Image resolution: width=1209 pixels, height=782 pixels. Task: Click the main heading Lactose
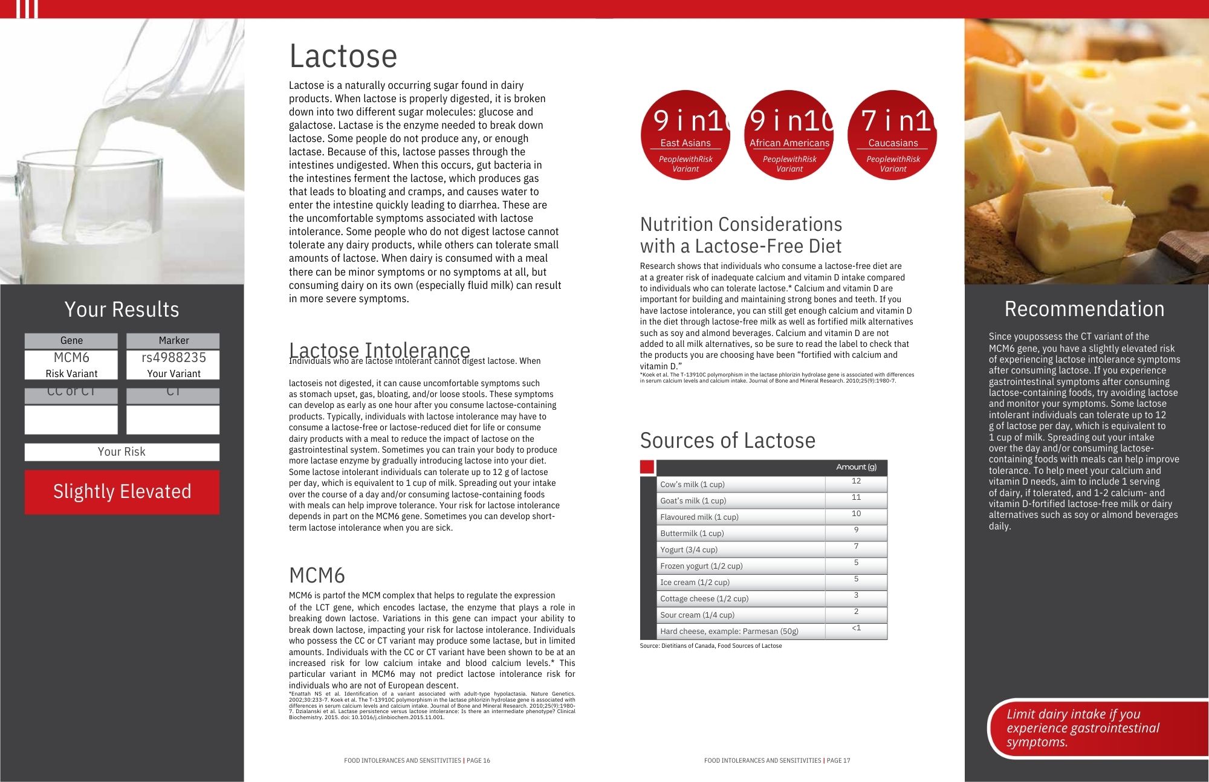click(x=343, y=56)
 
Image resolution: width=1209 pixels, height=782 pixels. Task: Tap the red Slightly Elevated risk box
click(x=122, y=492)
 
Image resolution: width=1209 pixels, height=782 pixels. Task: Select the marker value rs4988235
click(x=173, y=357)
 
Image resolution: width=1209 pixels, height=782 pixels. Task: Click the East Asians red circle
click(x=686, y=135)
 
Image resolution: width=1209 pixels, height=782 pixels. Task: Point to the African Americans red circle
click(x=789, y=135)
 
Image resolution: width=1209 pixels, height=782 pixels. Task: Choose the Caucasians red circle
click(x=893, y=135)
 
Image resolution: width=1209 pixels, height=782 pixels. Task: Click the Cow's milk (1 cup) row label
click(x=692, y=485)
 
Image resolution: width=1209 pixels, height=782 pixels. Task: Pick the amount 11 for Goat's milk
click(x=856, y=497)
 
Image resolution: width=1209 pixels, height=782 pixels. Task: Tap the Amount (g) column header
click(x=856, y=467)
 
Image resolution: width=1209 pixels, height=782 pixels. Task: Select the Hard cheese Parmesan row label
click(x=729, y=632)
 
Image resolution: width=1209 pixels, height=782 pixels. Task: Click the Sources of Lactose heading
click(x=727, y=441)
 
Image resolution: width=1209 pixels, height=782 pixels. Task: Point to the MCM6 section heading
click(x=317, y=575)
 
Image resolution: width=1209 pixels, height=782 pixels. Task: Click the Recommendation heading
click(x=1084, y=309)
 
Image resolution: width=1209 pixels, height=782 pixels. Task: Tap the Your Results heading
click(x=122, y=309)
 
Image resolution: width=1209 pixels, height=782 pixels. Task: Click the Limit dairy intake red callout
click(x=1082, y=728)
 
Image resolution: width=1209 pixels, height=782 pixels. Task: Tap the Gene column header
click(x=71, y=341)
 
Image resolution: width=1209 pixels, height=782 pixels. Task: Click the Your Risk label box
click(x=122, y=452)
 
